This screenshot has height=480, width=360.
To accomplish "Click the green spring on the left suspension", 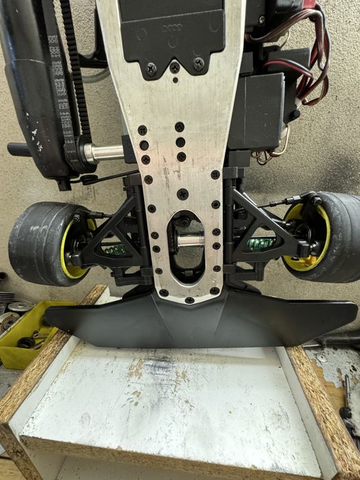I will (x=117, y=249).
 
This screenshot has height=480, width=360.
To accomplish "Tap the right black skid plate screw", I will (x=199, y=64).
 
